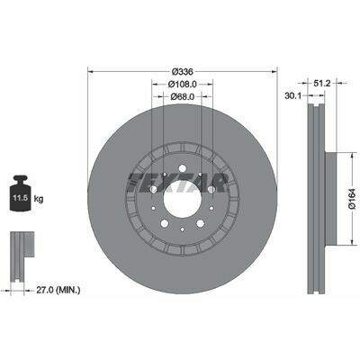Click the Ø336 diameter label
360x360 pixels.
pyautogui.click(x=182, y=72)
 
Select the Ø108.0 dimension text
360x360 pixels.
pyautogui.click(x=182, y=85)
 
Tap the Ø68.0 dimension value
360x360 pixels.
pyautogui.click(x=183, y=96)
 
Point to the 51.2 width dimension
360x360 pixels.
pyautogui.click(x=322, y=83)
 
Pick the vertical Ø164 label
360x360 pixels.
pyautogui.click(x=352, y=198)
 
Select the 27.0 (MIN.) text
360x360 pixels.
pyautogui.click(x=58, y=290)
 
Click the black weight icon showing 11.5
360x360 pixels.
pyautogui.click(x=21, y=193)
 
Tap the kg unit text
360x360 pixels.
pyautogui.click(x=39, y=198)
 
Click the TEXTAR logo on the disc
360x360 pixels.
pyautogui.click(x=177, y=183)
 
